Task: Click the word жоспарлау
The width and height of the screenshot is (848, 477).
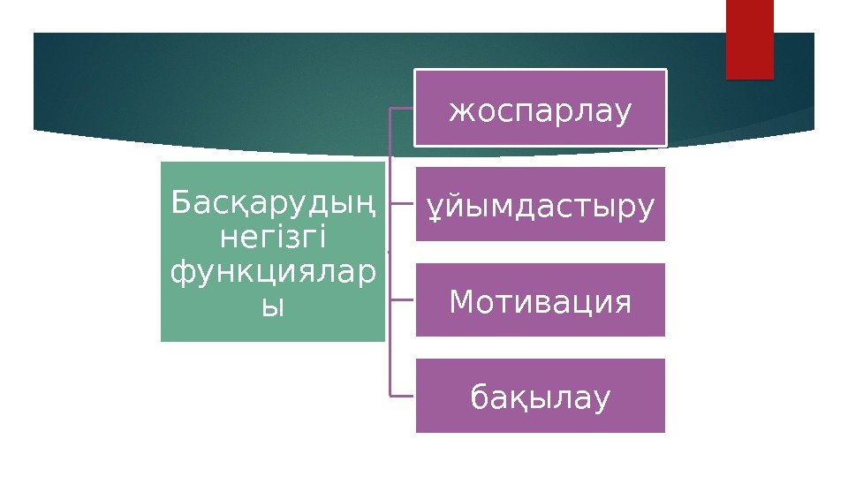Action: click(x=541, y=112)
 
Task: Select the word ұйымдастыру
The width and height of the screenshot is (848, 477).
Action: click(x=541, y=207)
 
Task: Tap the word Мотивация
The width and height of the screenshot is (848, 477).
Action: click(x=541, y=302)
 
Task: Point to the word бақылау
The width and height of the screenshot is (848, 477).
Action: click(x=541, y=397)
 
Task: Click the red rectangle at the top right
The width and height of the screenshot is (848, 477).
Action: click(x=749, y=39)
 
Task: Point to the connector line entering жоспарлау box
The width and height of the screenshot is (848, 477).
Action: click(x=403, y=109)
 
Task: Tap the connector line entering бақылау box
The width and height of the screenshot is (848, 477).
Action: click(x=403, y=395)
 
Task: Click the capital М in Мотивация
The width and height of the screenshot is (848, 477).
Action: click(x=462, y=302)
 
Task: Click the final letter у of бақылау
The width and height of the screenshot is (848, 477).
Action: click(x=601, y=399)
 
